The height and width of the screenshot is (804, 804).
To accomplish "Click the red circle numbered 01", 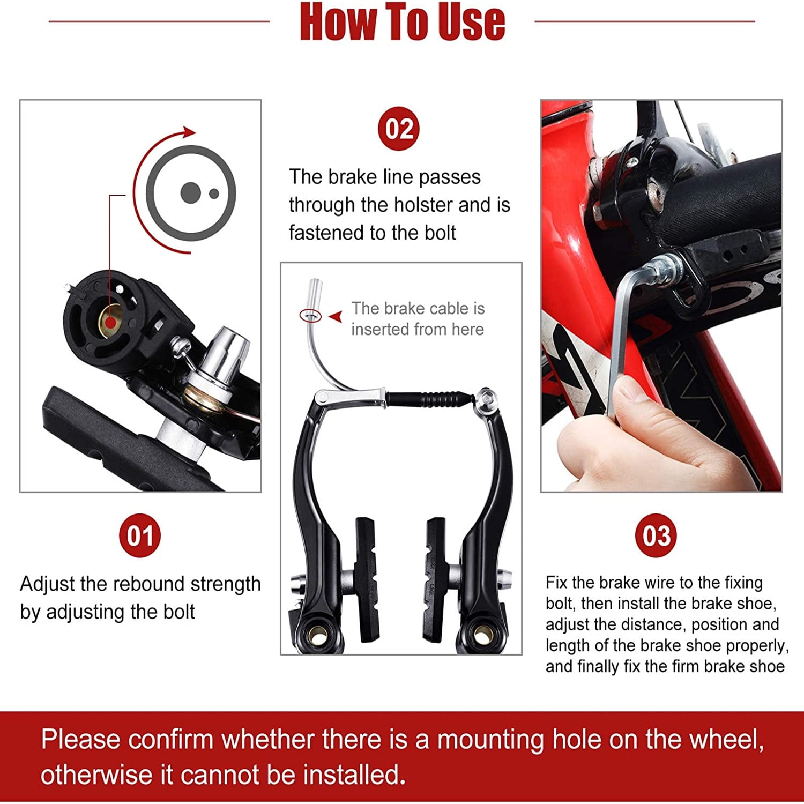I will point(140,535).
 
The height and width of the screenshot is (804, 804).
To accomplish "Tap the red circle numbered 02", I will point(399,129).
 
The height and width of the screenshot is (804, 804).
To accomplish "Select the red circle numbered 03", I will point(656,535).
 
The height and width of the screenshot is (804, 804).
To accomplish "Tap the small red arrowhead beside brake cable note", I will point(336,317).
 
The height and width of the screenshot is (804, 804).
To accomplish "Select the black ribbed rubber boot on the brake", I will point(429,400).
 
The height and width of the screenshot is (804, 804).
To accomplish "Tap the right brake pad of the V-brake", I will point(434,579).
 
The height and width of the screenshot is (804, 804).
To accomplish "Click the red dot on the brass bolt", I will point(110,322).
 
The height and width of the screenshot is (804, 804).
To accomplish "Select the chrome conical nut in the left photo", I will point(228,348).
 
